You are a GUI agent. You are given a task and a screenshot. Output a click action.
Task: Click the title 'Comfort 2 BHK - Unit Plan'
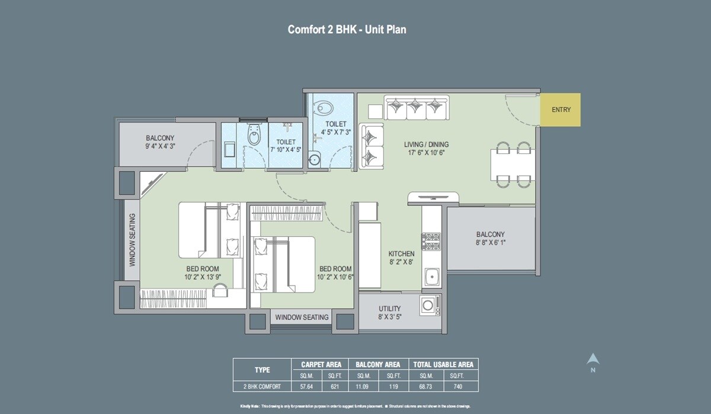(x=347, y=29)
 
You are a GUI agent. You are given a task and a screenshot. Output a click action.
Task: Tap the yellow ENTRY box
(x=561, y=110)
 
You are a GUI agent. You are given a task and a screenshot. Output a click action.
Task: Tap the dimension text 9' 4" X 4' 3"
(x=160, y=146)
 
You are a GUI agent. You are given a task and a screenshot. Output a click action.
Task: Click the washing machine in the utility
(x=429, y=306)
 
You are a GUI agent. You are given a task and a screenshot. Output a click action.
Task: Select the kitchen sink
(x=431, y=275)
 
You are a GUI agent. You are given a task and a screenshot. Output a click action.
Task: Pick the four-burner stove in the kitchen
(x=431, y=240)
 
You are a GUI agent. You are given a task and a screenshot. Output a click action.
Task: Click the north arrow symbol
(x=592, y=360)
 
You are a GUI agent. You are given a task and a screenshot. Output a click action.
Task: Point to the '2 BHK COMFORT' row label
(x=262, y=386)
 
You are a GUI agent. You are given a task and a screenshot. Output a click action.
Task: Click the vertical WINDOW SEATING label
(x=132, y=239)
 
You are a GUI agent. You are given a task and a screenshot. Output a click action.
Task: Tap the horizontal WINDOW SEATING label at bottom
(x=302, y=317)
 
